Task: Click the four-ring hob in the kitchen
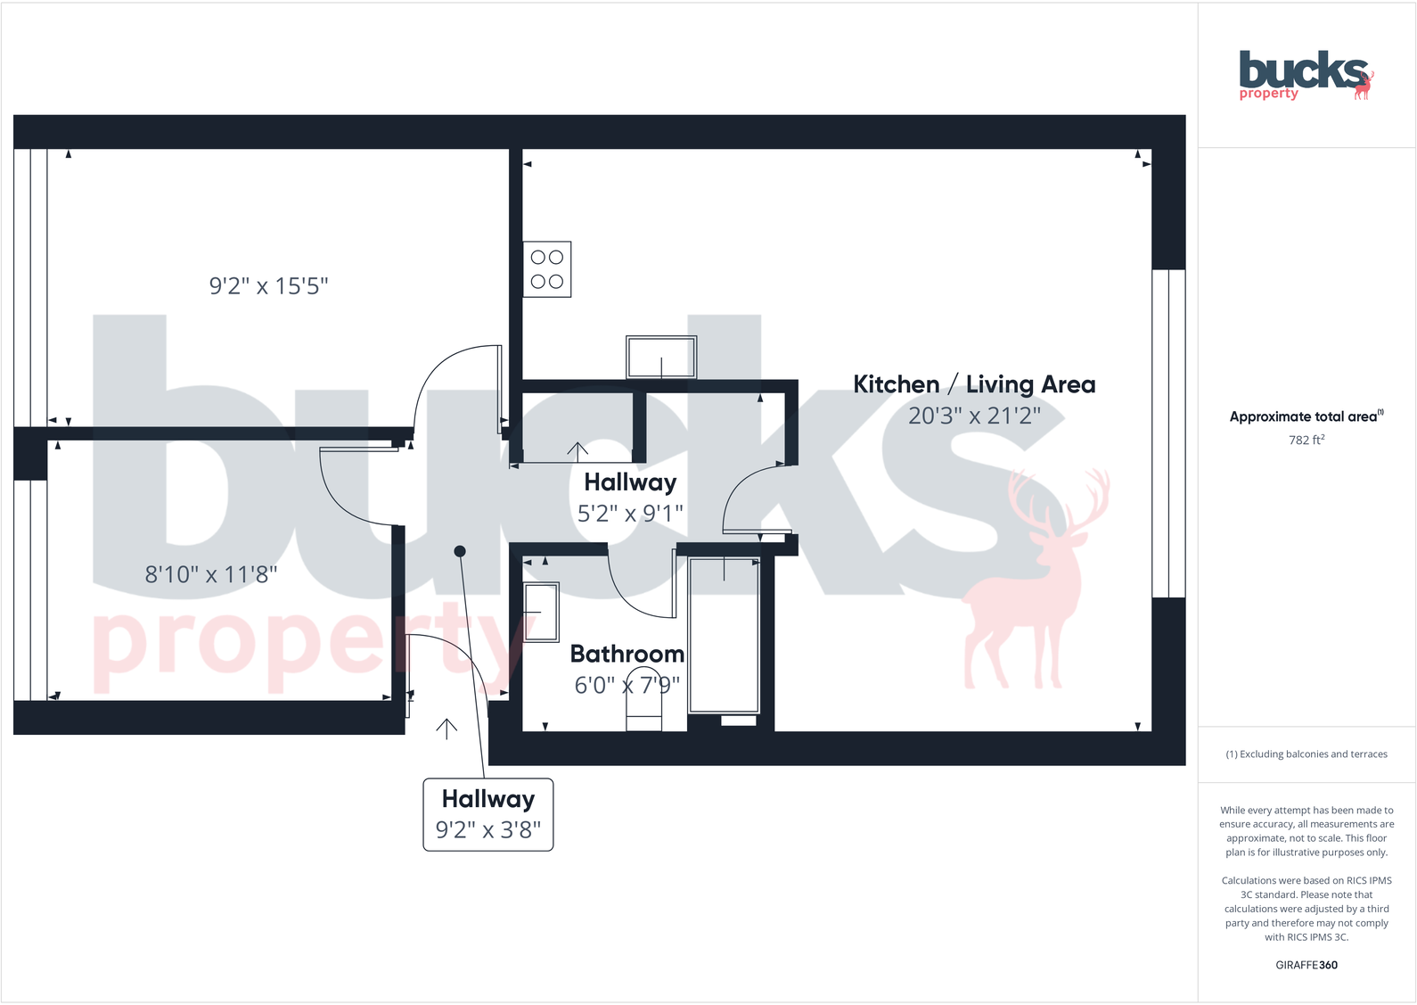tap(546, 269)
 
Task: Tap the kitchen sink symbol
tap(660, 358)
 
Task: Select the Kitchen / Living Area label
tap(974, 384)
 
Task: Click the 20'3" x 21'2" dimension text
tap(974, 416)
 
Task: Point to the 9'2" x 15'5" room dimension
tap(268, 286)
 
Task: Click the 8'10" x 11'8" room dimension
tap(211, 574)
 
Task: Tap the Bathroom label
tap(627, 654)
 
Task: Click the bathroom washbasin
tap(541, 612)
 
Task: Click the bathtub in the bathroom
tap(724, 634)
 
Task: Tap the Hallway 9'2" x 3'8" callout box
tap(487, 814)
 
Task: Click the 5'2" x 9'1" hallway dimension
tap(630, 514)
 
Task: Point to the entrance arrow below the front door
tap(446, 729)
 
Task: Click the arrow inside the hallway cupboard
tap(577, 451)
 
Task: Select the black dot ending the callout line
tap(460, 551)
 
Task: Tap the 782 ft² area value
tap(1306, 440)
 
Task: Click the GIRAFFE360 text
tap(1306, 965)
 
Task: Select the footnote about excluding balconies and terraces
tap(1306, 754)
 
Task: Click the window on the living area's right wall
tap(1168, 433)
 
